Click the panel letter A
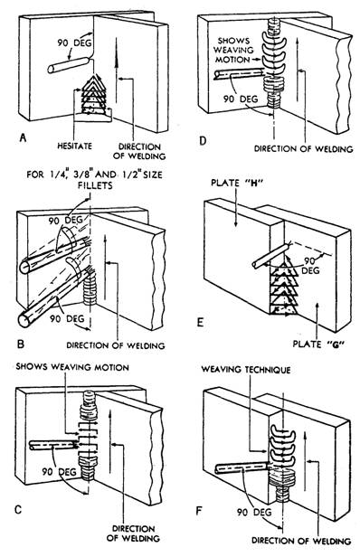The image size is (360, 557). click(x=23, y=137)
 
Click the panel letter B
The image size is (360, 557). click(x=21, y=344)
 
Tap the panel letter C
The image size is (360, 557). click(x=18, y=510)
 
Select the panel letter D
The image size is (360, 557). click(x=203, y=141)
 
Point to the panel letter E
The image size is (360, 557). click(x=200, y=322)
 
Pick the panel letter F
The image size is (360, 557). click(x=199, y=511)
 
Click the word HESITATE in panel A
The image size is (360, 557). click(x=75, y=146)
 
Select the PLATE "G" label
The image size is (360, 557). click(x=317, y=344)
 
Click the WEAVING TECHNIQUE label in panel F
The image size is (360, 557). click(x=246, y=370)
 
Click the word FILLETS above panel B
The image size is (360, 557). click(x=94, y=185)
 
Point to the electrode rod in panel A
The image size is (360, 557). click(x=68, y=65)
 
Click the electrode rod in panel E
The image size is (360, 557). click(x=270, y=256)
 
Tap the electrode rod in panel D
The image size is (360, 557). click(x=239, y=74)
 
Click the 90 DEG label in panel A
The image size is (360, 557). click(x=75, y=43)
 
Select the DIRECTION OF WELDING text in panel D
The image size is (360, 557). click(x=304, y=149)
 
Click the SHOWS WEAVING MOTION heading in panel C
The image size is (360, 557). click(x=72, y=367)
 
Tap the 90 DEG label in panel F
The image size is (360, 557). click(x=254, y=512)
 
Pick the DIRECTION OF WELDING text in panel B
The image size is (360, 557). click(x=116, y=345)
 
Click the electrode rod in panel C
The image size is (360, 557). click(x=53, y=445)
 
